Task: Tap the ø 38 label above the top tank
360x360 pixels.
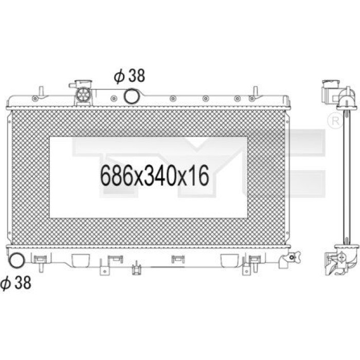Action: (130, 76)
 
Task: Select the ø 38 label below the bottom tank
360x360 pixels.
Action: (15, 282)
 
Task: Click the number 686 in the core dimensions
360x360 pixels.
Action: (116, 176)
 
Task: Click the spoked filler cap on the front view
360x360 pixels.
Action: (83, 95)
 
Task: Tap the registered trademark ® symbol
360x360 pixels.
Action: (336, 121)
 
